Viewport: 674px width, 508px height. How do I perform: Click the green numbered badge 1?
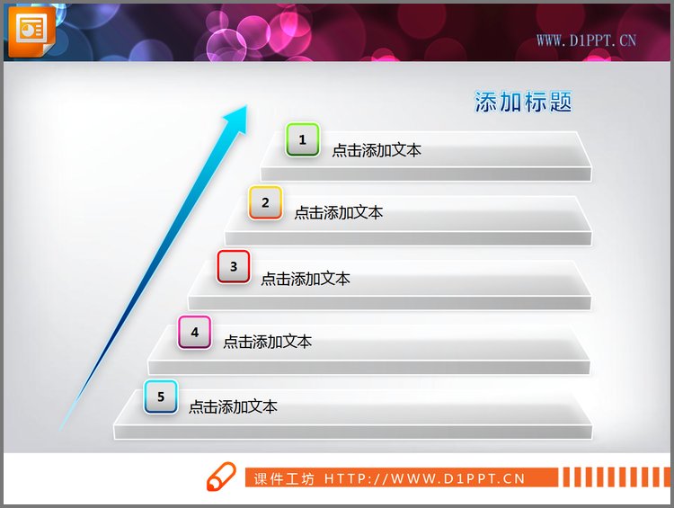pos(303,140)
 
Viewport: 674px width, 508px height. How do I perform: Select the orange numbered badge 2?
pos(265,203)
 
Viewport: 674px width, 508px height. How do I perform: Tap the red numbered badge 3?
pos(234,266)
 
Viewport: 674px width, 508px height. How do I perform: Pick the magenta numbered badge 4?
pos(194,332)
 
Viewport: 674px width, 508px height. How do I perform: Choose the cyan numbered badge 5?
pos(161,397)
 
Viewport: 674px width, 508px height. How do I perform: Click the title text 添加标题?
pos(523,102)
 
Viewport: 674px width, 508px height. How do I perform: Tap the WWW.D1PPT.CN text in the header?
pos(586,40)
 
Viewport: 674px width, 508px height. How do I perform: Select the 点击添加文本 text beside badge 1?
pos(377,150)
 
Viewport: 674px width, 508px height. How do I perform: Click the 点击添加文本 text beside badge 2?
pos(339,213)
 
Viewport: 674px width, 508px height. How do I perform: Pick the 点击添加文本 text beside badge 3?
pos(306,279)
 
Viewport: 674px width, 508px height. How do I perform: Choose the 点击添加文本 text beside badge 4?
pos(268,342)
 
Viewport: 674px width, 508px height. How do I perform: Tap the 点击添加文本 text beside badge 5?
pos(233,406)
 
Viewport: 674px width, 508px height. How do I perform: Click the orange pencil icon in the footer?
pos(220,477)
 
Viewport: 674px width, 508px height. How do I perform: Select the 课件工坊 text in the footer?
pos(284,479)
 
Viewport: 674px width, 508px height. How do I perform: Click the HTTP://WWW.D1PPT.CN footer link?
pos(424,479)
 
